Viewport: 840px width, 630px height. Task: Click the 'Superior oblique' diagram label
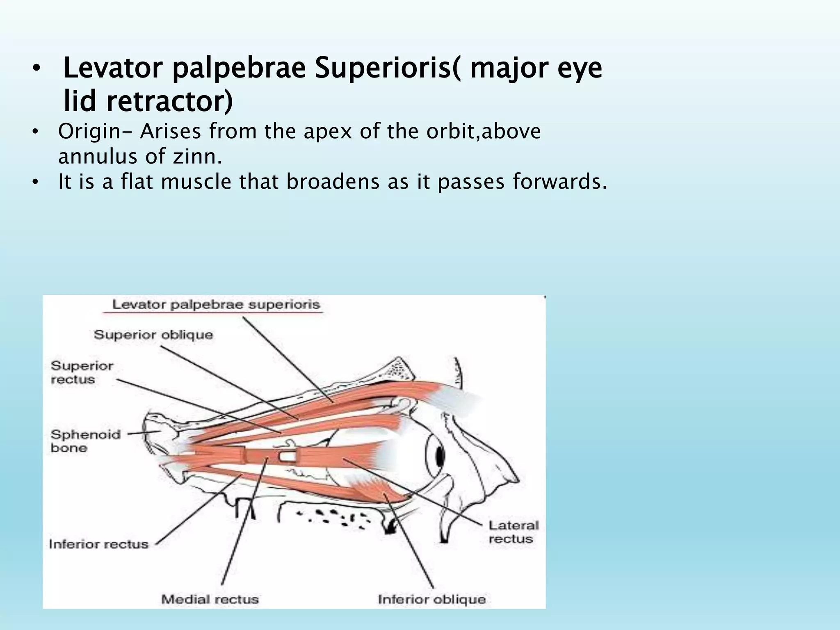click(x=153, y=335)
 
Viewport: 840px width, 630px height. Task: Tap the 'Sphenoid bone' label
click(x=85, y=441)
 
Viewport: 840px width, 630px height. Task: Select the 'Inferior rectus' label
click(x=98, y=544)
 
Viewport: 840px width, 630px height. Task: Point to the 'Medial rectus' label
click(x=210, y=599)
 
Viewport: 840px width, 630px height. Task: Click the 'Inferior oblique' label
click(x=431, y=599)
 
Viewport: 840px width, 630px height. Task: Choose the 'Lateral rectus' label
click(x=514, y=532)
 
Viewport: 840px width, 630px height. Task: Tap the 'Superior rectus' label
click(x=82, y=372)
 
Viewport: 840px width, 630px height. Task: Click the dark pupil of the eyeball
click(x=441, y=455)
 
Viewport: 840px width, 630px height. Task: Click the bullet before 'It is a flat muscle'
click(x=36, y=182)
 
